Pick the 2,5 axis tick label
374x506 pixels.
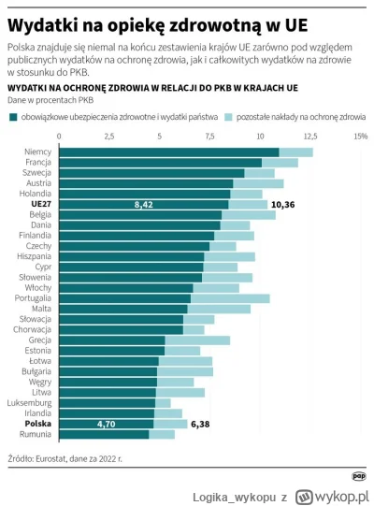[x=108, y=137]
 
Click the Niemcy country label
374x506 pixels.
[x=38, y=152]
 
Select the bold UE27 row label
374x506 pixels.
[x=41, y=203]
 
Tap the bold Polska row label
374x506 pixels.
[x=38, y=423]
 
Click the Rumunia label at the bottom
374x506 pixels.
[x=36, y=434]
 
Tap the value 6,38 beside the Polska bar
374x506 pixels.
[x=201, y=423]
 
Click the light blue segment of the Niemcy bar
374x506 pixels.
[x=295, y=152]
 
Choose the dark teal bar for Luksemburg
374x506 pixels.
[x=106, y=401]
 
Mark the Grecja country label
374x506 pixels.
[x=38, y=340]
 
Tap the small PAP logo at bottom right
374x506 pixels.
[x=358, y=475]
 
